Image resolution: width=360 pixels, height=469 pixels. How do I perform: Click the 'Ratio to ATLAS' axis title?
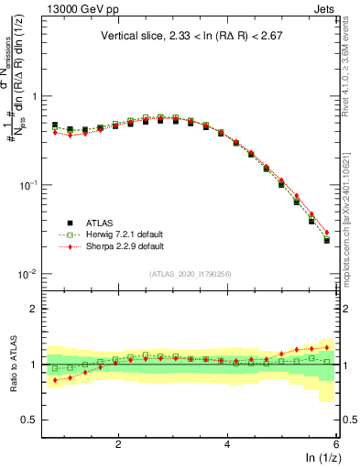(x=13, y=365)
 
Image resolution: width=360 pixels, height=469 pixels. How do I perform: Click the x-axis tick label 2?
(x=118, y=444)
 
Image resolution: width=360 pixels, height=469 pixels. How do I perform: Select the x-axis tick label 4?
(x=227, y=444)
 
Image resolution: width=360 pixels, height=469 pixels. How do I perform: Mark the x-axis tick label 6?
(x=335, y=444)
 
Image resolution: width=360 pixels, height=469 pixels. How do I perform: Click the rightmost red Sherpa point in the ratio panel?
(x=327, y=347)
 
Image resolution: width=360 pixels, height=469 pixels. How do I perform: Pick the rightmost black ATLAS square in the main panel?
(x=327, y=240)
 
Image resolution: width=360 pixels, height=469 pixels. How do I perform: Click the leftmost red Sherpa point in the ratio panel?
(x=55, y=379)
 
